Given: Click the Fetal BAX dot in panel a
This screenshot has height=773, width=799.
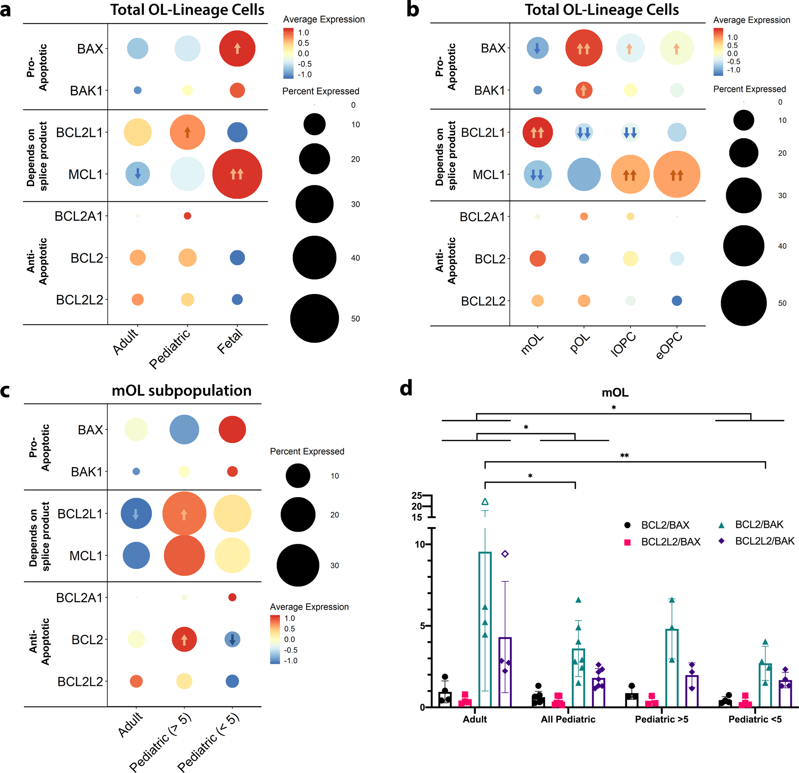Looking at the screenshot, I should [x=237, y=48].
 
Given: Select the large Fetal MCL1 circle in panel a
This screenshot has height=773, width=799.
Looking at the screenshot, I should [x=237, y=174].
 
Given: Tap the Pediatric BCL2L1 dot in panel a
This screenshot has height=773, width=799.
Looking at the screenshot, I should [x=187, y=132].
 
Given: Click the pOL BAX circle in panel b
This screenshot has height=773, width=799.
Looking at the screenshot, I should [x=583, y=48].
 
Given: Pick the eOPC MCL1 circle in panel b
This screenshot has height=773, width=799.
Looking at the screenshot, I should [x=676, y=174].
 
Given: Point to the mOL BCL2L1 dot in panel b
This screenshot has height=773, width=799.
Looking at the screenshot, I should [x=537, y=132].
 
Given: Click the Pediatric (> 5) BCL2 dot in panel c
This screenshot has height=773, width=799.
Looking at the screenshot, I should [x=184, y=639].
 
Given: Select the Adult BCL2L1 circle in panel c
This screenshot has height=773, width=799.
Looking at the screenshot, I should [x=136, y=514].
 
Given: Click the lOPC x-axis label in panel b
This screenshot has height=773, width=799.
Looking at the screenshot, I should [x=623, y=344].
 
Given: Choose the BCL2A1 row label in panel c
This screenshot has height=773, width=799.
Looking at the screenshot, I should [x=79, y=597].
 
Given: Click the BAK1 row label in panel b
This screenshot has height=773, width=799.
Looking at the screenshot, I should [x=489, y=90].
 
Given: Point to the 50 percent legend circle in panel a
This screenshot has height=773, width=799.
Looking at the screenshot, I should [x=314, y=318].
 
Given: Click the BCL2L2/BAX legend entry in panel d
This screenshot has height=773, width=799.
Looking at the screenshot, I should [x=670, y=542].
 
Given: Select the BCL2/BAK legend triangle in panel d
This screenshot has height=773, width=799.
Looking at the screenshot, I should [x=721, y=525].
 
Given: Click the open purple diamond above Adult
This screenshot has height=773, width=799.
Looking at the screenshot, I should [x=505, y=554].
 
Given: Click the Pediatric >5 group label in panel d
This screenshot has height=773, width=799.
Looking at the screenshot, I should [x=661, y=719].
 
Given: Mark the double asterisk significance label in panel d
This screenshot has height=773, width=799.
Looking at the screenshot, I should [x=624, y=456].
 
